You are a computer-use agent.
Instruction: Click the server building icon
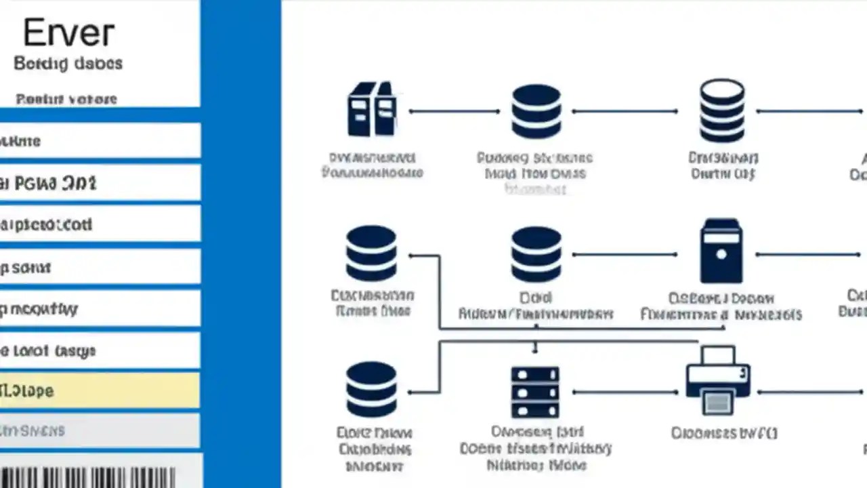[372, 110]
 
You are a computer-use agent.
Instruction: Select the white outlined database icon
[722, 110]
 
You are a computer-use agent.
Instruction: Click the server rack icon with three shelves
[535, 392]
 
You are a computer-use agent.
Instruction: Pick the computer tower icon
[721, 251]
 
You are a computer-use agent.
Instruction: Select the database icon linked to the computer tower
[536, 254]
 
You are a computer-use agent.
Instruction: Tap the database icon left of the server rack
[371, 390]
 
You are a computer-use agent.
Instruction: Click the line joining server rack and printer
[625, 392]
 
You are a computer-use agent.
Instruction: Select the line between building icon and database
[454, 111]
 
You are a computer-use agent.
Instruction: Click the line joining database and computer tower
[625, 255]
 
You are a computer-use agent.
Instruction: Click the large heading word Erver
[68, 33]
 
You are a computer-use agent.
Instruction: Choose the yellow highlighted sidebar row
[100, 391]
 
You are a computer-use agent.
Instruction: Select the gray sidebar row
[100, 430]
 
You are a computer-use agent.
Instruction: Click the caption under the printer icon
[724, 433]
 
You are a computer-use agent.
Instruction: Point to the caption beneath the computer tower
[721, 306]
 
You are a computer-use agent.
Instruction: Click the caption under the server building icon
[372, 165]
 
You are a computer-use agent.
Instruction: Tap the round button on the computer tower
[721, 255]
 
